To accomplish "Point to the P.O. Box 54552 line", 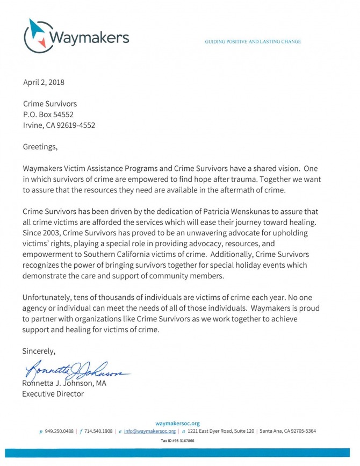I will [x=48, y=114].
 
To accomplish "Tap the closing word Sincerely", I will [x=39, y=351].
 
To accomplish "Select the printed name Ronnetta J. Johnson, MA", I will [x=64, y=383].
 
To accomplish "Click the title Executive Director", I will [x=53, y=393].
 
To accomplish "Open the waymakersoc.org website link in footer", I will [x=177, y=424].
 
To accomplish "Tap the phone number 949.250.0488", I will [x=60, y=431].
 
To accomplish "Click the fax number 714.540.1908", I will [x=98, y=431].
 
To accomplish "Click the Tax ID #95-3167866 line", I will [x=177, y=441].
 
